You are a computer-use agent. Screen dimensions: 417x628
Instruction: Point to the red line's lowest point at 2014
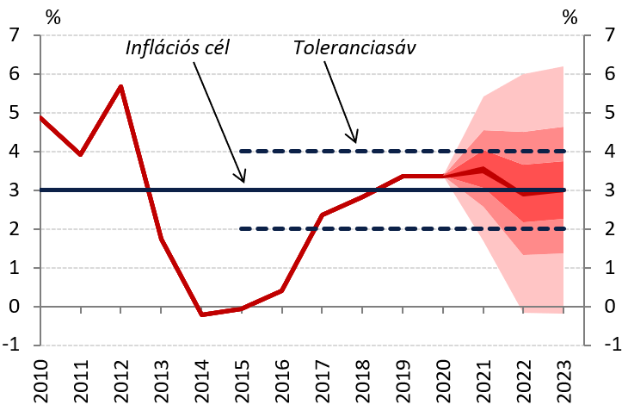(201, 314)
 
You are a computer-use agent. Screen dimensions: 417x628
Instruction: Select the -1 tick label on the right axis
(607, 345)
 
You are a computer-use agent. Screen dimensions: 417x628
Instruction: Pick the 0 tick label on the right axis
(611, 307)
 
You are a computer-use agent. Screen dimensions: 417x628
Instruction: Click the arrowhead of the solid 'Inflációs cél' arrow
(243, 180)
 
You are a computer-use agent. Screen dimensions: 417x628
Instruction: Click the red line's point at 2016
(281, 290)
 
